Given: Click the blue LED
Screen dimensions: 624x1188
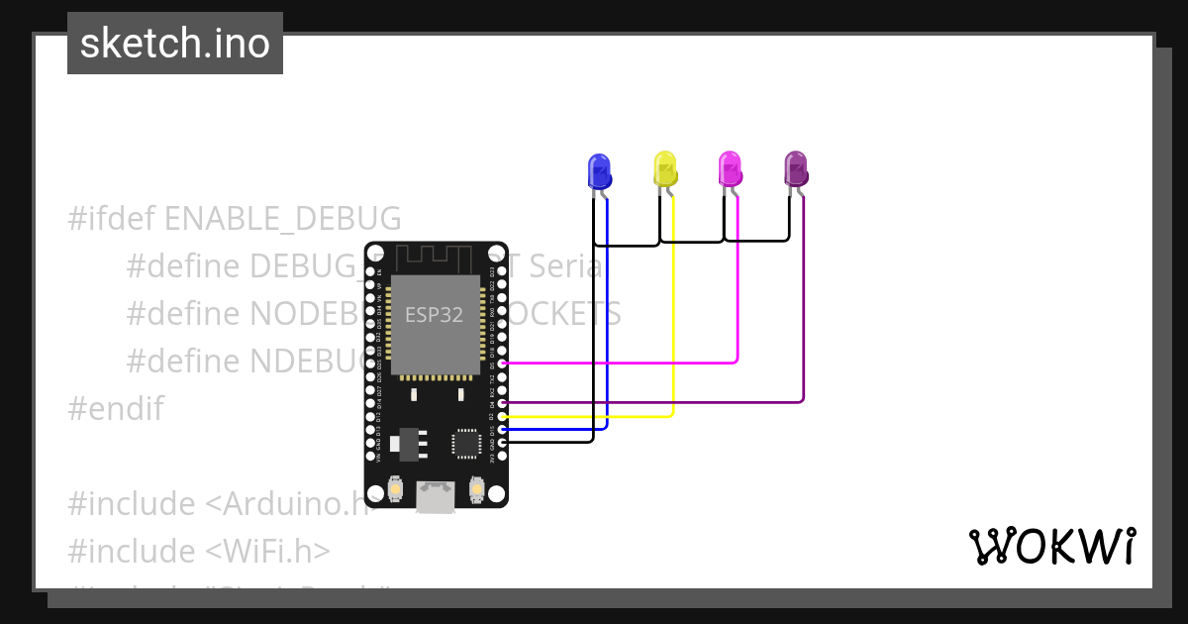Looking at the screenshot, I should pyautogui.click(x=598, y=170).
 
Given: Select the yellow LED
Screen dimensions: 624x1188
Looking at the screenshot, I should pyautogui.click(x=665, y=168).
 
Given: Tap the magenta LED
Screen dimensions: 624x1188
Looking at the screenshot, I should pyautogui.click(x=730, y=168).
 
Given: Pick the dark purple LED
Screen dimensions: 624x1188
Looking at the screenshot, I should pyautogui.click(x=796, y=168).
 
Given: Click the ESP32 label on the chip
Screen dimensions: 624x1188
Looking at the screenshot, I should pyautogui.click(x=434, y=315).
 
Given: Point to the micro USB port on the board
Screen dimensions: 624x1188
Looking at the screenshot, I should pyautogui.click(x=436, y=495).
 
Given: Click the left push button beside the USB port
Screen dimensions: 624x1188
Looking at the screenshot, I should pyautogui.click(x=395, y=489).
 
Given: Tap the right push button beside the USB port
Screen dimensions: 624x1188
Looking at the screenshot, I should pyautogui.click(x=476, y=489).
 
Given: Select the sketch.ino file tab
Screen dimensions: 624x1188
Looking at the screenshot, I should pyautogui.click(x=175, y=44).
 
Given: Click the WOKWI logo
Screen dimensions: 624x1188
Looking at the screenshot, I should pyautogui.click(x=1051, y=546).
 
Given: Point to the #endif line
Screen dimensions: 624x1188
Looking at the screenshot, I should pyautogui.click(x=116, y=408).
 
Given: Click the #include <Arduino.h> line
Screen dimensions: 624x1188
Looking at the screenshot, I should pyautogui.click(x=218, y=504).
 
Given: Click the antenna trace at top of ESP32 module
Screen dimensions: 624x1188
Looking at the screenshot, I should pyautogui.click(x=436, y=259).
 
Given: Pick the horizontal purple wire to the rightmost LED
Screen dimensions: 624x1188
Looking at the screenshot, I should pyautogui.click(x=653, y=402).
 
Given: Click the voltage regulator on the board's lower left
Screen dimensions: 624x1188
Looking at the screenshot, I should pyautogui.click(x=407, y=444).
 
